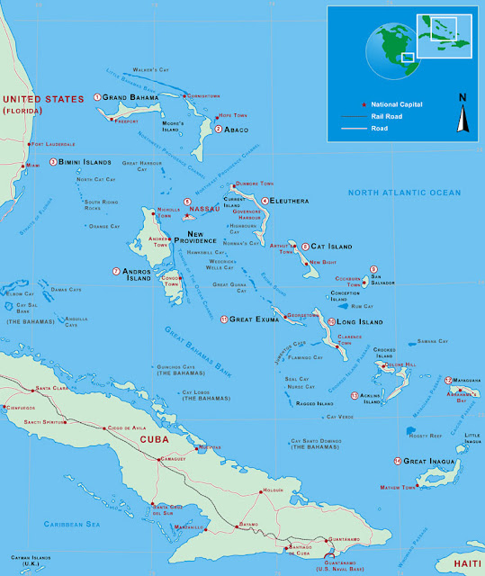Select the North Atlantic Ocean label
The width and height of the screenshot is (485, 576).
point(404,193)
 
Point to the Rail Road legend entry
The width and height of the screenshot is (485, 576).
point(382,117)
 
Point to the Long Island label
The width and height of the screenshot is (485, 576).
point(360,321)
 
